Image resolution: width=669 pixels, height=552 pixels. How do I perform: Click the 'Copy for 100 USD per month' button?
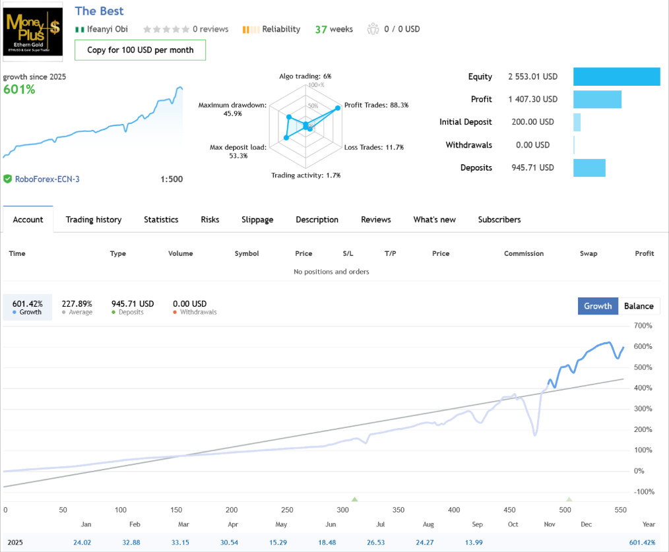(x=140, y=50)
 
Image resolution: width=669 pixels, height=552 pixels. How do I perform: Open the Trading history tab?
(x=94, y=220)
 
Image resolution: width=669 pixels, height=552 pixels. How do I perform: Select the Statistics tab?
(x=161, y=220)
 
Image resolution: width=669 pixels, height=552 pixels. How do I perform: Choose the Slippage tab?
(x=257, y=220)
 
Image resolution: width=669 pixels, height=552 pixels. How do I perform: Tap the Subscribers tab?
(x=499, y=220)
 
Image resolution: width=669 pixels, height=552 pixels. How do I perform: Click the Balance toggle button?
(x=639, y=306)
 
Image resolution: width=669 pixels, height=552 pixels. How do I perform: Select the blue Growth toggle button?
(x=598, y=306)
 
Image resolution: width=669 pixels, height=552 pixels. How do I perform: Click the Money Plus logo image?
(x=33, y=30)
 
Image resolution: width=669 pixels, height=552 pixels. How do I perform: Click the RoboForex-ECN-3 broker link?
(x=48, y=179)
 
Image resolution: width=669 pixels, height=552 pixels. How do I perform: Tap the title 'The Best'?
(x=99, y=11)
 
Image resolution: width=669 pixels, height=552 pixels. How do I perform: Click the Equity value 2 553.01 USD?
(x=532, y=77)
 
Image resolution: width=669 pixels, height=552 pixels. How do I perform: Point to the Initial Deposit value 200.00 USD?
(x=532, y=122)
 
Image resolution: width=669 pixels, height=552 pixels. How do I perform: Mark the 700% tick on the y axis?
(x=643, y=326)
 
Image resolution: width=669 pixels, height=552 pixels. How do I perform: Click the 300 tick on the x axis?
(x=342, y=510)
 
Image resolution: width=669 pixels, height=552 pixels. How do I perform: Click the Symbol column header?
(x=247, y=253)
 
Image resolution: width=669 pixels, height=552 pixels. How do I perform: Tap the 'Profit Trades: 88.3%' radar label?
(x=376, y=105)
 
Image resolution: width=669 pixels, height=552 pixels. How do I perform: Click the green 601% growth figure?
(x=19, y=89)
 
